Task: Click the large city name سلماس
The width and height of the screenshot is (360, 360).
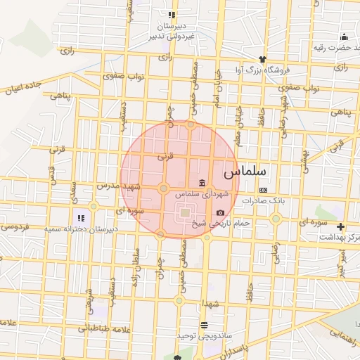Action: point(245,171)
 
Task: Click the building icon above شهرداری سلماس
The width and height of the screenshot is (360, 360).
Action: point(202,184)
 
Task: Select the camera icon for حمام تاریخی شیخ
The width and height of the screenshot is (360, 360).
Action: point(221,212)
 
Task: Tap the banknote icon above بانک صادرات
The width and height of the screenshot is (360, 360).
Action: point(263,190)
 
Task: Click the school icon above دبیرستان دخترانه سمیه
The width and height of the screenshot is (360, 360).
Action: point(81,218)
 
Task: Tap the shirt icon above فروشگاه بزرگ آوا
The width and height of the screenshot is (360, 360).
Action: point(263,59)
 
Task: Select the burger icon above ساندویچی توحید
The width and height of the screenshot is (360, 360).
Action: point(204,325)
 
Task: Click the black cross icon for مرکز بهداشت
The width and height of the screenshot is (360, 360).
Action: point(341,226)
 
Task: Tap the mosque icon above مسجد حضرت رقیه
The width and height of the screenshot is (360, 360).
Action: point(344,37)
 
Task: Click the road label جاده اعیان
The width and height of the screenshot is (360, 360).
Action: point(25,88)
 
